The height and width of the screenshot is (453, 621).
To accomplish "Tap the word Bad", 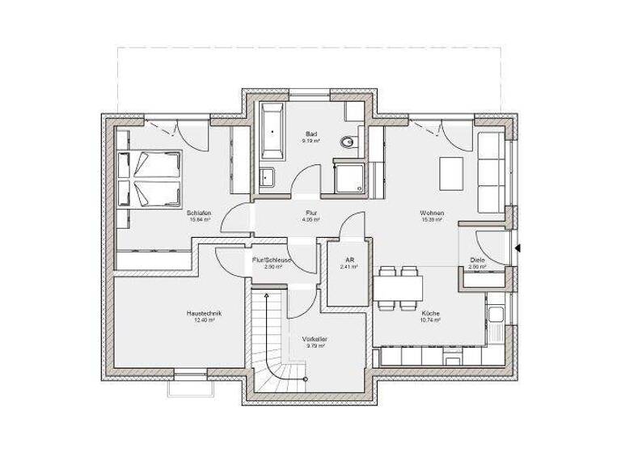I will tap(310, 133).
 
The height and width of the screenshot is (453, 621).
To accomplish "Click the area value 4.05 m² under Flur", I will tap(310, 221).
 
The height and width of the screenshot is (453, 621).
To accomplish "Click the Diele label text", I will tap(478, 260).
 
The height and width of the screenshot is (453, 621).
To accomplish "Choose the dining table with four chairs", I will tap(397, 287).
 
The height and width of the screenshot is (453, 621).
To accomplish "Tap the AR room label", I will tap(349, 260).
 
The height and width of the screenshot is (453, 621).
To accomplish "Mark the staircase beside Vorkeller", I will tap(269, 340).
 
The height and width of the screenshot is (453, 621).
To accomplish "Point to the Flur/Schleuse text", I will tap(272, 260).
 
